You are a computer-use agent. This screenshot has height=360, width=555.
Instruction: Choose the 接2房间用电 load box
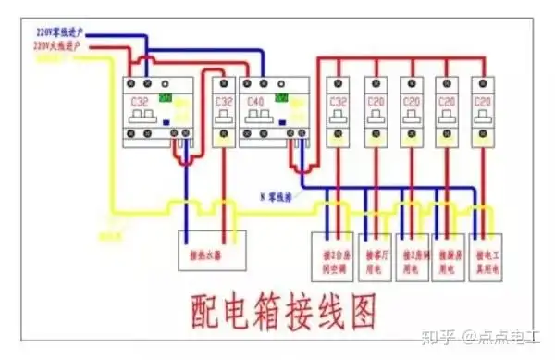[x=413, y=249]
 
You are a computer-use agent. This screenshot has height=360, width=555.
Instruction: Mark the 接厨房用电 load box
[x=450, y=249]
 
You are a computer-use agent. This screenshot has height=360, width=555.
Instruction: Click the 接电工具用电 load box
[x=487, y=249]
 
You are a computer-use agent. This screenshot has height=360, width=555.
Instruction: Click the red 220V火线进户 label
[x=61, y=44]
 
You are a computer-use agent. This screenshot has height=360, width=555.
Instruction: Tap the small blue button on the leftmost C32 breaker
[x=165, y=118]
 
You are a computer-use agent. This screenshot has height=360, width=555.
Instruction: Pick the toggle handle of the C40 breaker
[x=260, y=118]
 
